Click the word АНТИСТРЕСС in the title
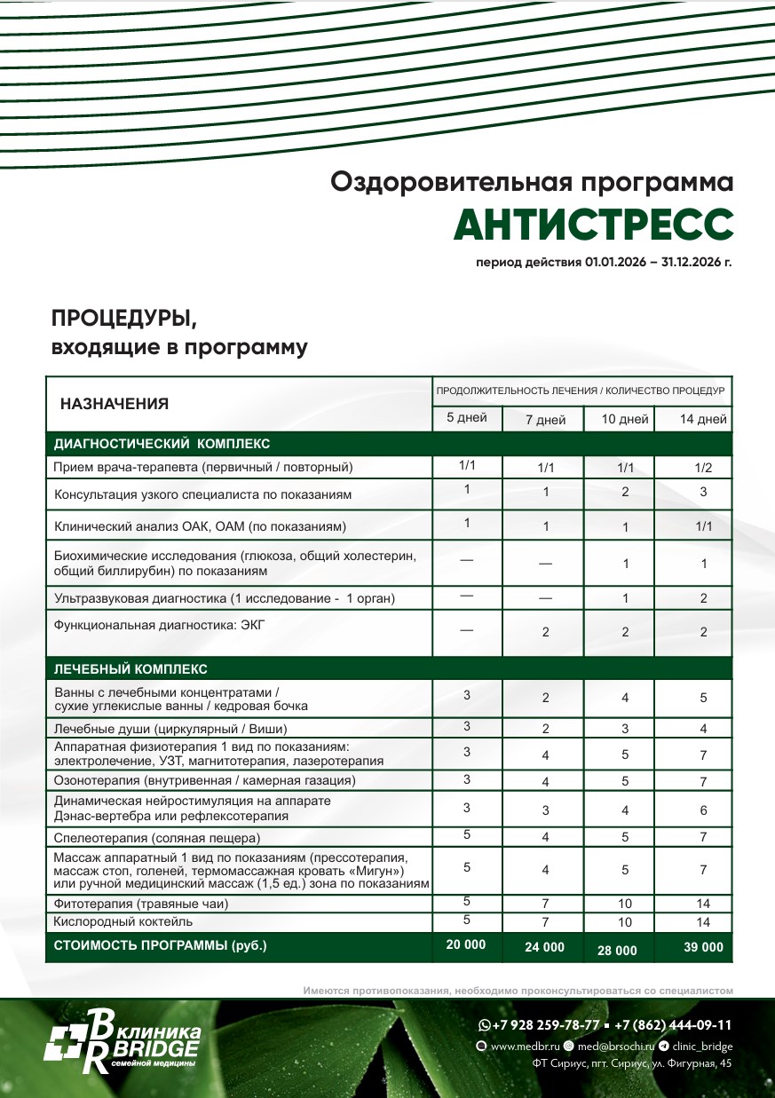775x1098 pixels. tap(593, 225)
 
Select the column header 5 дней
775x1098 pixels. tap(466, 417)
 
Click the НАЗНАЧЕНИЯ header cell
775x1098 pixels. tap(115, 404)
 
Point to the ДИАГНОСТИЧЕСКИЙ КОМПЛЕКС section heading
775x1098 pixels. tap(162, 443)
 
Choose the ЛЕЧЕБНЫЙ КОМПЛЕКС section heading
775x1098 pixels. tap(130, 668)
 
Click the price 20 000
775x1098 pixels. tap(466, 944)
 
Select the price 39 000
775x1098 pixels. tap(703, 947)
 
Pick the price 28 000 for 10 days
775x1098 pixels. tap(617, 950)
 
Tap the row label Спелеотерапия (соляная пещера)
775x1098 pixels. tap(157, 837)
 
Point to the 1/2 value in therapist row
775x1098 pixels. tap(703, 467)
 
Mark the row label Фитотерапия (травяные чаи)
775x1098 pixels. tap(142, 904)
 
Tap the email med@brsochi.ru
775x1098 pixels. tap(615, 1047)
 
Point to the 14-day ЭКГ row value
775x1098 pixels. tap(703, 632)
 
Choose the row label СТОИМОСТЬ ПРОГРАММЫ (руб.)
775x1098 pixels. tap(161, 945)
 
